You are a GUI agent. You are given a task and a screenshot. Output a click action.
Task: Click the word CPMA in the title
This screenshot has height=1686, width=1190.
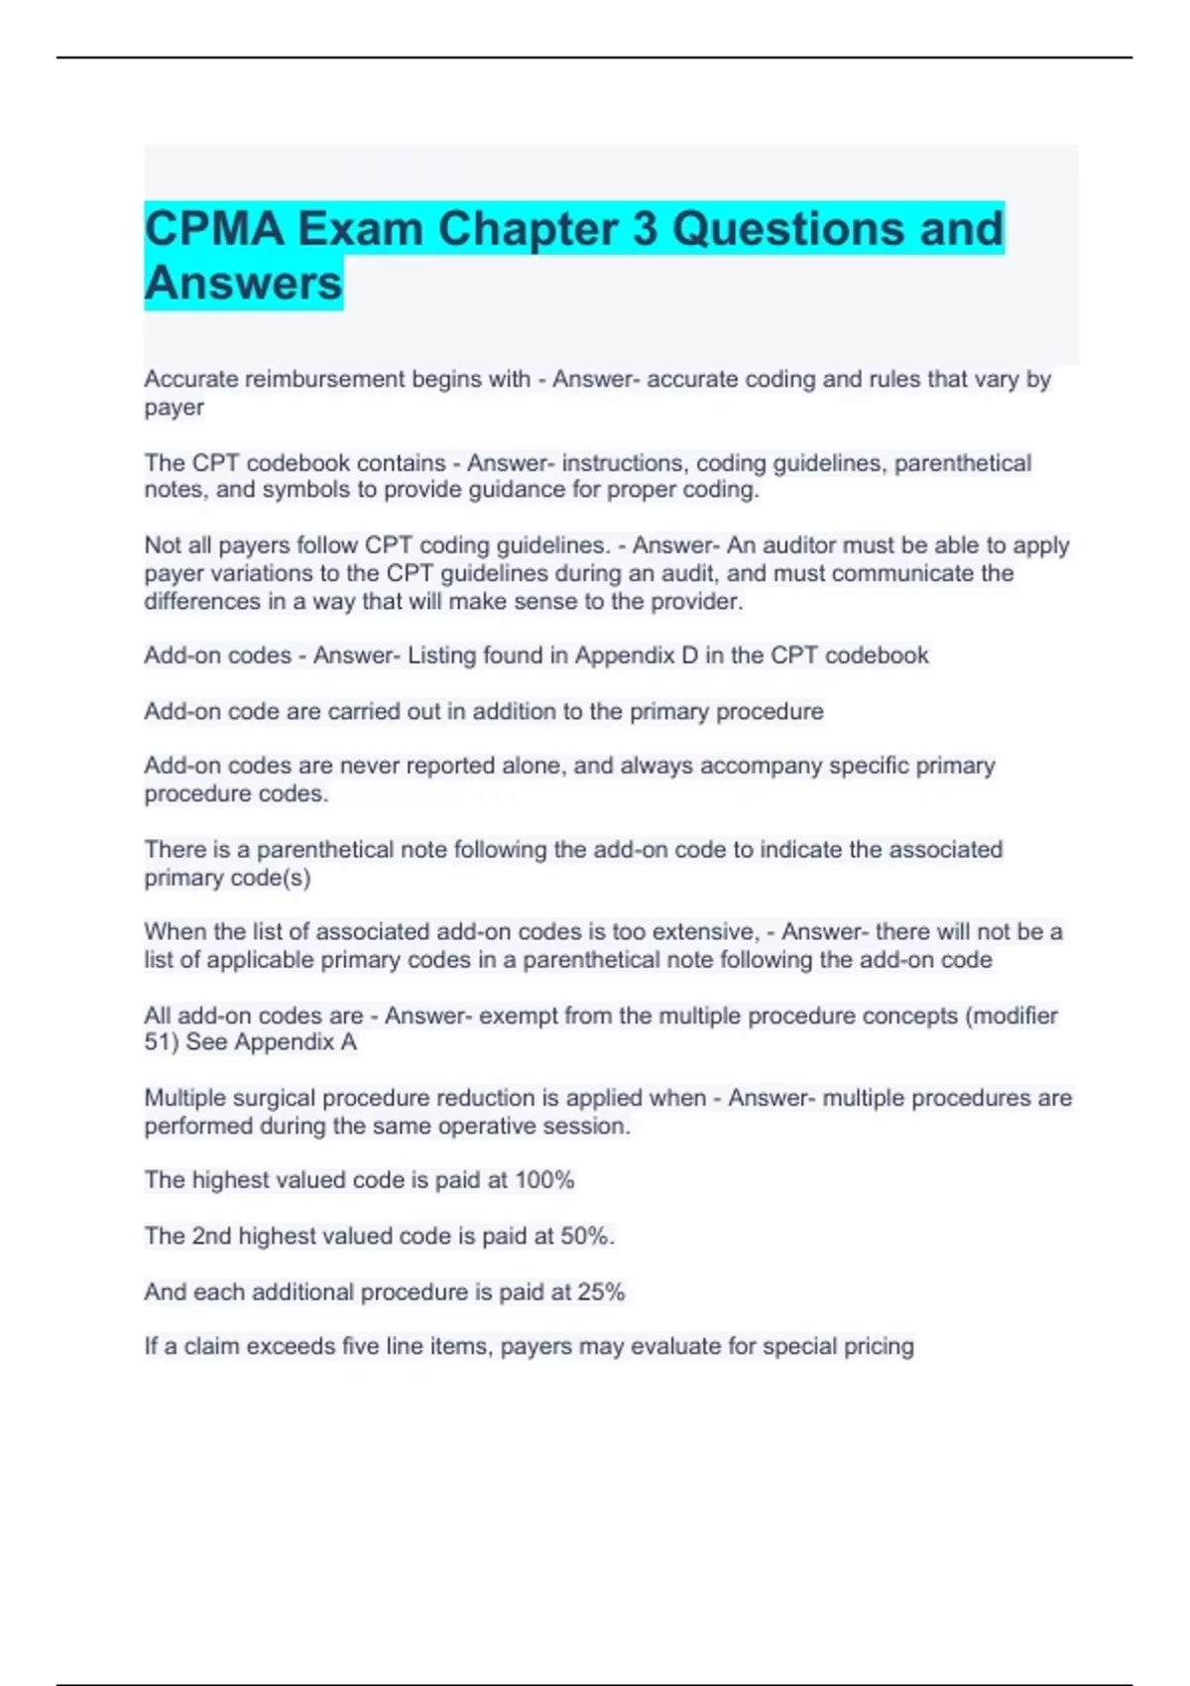[213, 230]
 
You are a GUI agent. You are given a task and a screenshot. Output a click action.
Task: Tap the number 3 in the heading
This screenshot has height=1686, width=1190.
[645, 230]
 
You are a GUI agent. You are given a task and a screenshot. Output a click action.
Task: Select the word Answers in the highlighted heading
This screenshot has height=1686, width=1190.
[244, 284]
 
